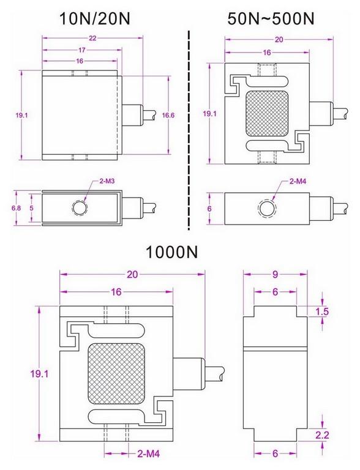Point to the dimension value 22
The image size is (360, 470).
pos(92,38)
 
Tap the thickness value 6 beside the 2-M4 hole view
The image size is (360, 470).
pos(210,208)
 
